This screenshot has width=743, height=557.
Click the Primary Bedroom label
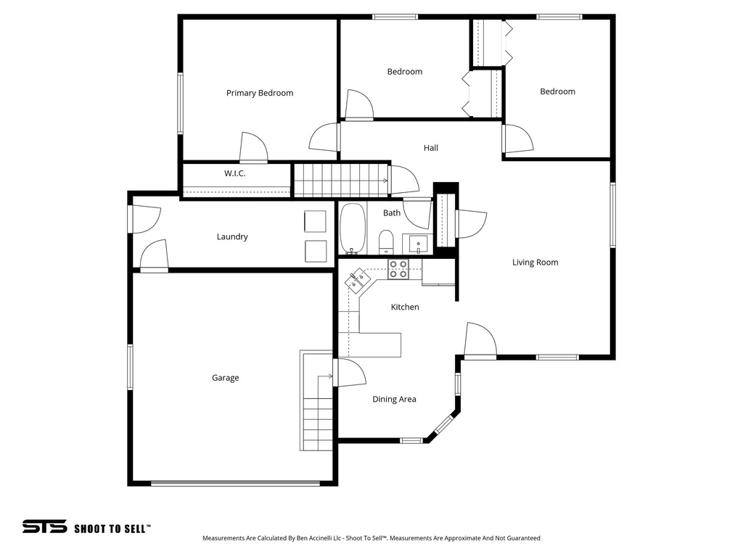(259, 93)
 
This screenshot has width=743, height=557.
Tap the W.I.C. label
(234, 173)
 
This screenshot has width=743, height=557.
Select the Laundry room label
(232, 236)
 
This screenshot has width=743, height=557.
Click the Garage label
(225, 378)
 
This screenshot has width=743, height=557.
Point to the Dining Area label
(394, 399)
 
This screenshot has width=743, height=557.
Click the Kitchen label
(405, 307)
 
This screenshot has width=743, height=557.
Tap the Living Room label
(535, 263)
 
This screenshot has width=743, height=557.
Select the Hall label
(431, 148)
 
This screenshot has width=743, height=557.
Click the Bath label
(392, 213)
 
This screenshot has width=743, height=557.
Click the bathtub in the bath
(353, 229)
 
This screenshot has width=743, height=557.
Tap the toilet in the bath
(386, 241)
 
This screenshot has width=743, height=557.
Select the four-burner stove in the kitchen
(398, 269)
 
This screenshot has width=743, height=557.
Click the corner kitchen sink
(358, 279)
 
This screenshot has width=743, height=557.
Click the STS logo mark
(44, 527)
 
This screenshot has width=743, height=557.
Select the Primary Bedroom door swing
(253, 148)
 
